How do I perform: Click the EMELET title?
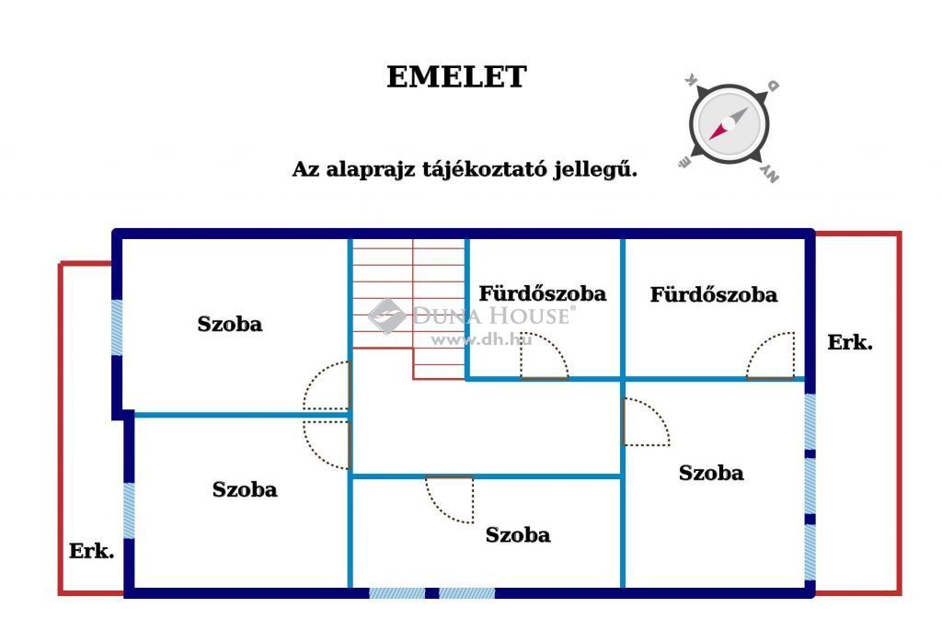(456, 77)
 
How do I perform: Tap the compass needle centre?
(729, 123)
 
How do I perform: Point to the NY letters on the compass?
(770, 174)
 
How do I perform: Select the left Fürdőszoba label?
(543, 293)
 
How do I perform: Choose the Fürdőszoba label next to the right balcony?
(714, 294)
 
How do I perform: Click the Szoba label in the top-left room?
(230, 325)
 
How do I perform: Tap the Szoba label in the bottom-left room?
(245, 489)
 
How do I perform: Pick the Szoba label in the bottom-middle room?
(518, 535)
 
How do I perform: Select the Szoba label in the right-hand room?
(711, 473)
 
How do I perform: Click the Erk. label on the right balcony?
(849, 342)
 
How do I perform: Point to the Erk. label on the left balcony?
(91, 551)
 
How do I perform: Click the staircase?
(408, 306)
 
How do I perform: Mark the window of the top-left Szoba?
(117, 327)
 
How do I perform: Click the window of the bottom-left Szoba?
(129, 510)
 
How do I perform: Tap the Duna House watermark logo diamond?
(386, 315)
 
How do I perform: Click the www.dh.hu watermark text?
(481, 340)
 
